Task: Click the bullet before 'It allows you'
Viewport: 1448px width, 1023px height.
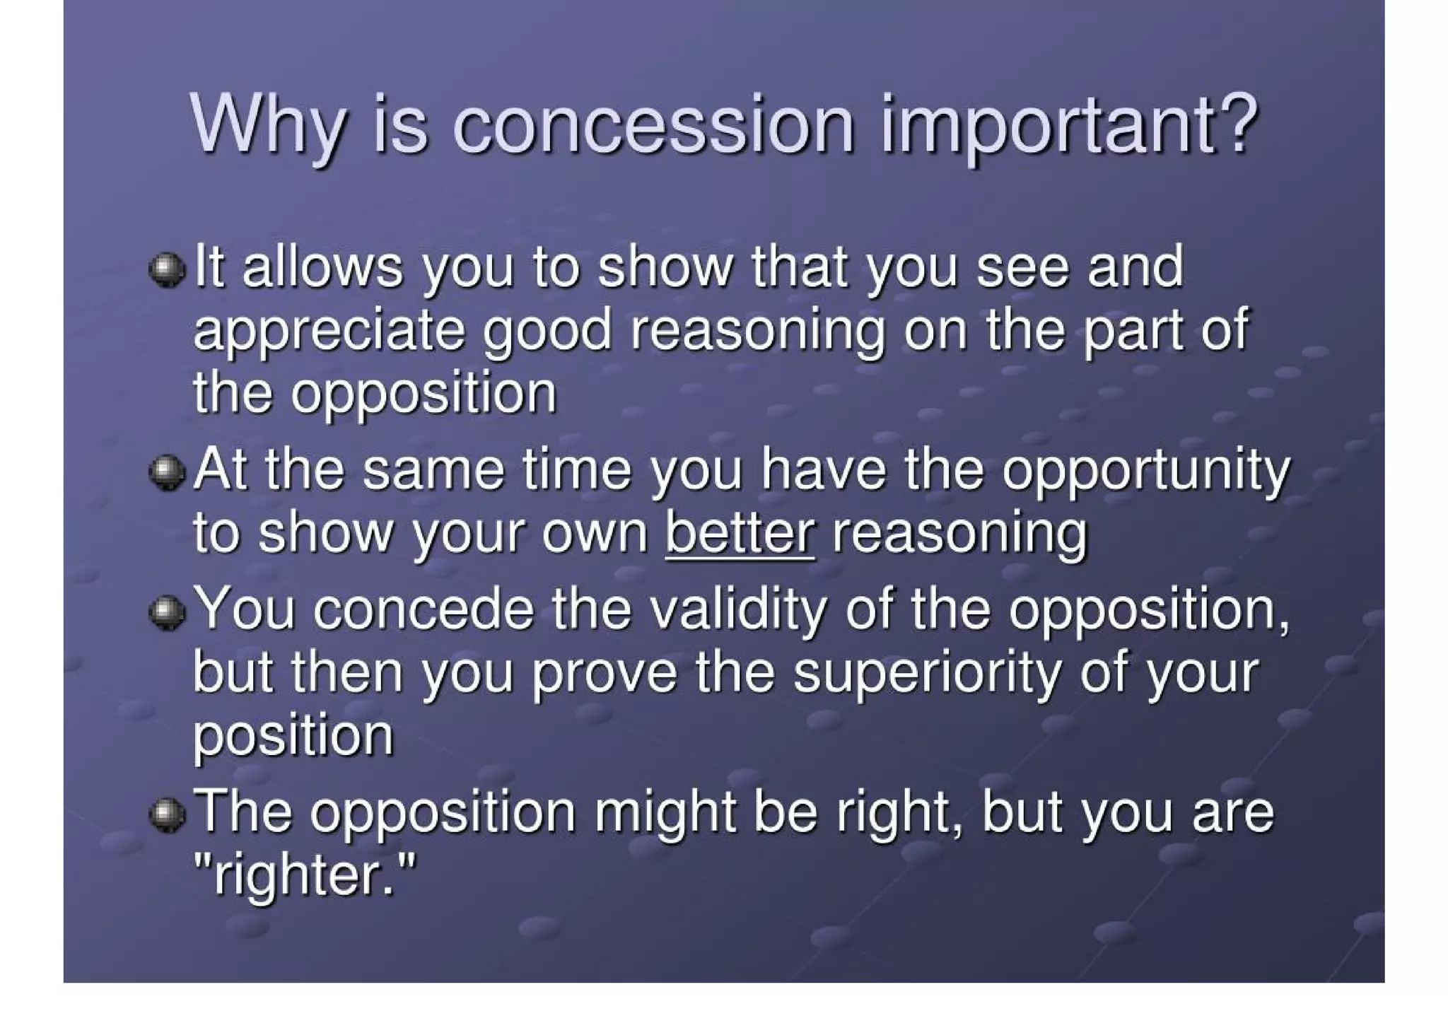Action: coord(168,271)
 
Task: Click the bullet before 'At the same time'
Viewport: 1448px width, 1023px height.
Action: coord(168,473)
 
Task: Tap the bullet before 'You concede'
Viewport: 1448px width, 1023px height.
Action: coord(168,612)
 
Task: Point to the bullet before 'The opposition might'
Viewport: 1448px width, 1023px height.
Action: coord(168,815)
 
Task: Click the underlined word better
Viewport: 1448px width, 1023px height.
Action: coord(740,533)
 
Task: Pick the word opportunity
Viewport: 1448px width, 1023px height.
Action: coord(1145,472)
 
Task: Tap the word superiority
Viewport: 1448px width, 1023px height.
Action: coord(927,673)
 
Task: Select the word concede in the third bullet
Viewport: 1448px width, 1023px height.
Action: coord(424,609)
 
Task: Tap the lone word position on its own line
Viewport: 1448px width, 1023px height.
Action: coord(293,738)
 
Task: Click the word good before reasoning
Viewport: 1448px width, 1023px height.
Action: coord(547,332)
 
